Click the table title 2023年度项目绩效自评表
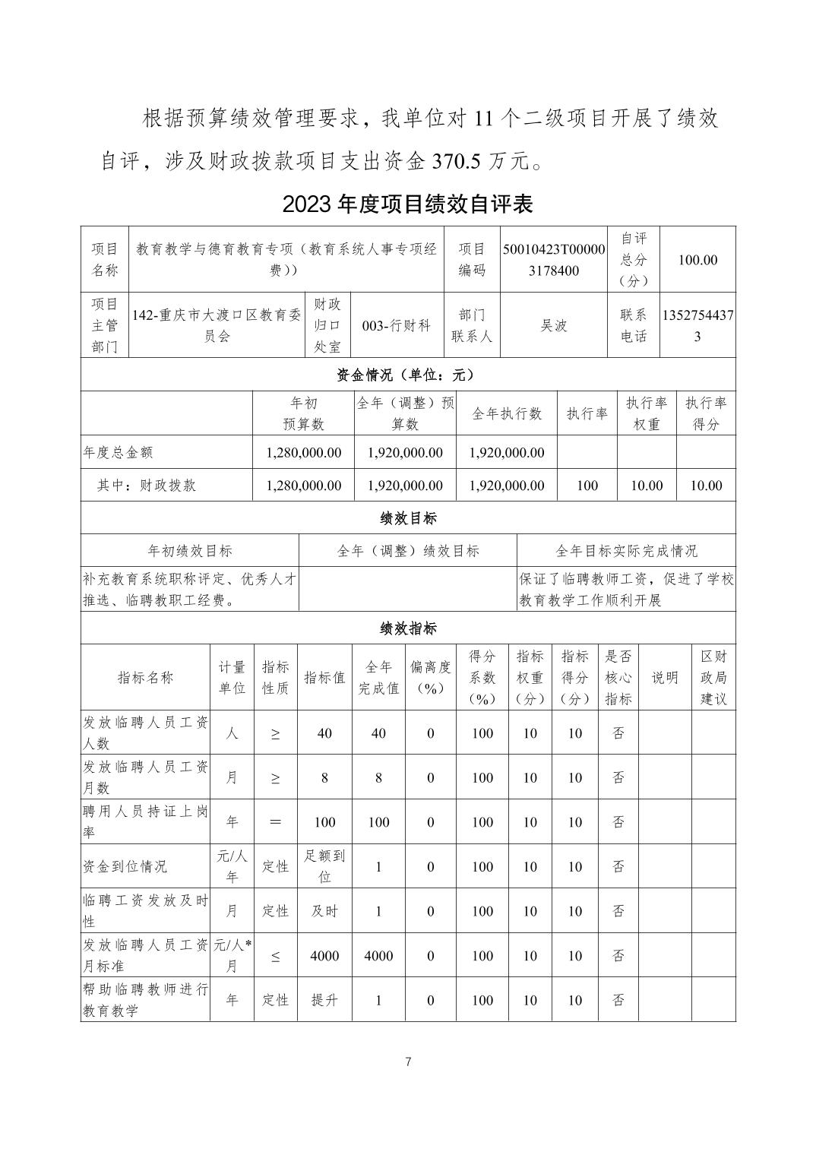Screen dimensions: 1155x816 pyautogui.click(x=408, y=204)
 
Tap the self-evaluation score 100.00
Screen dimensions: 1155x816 pyautogui.click(x=697, y=260)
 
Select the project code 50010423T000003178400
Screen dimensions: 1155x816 pyautogui.click(x=554, y=260)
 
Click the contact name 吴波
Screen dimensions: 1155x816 pyautogui.click(x=554, y=325)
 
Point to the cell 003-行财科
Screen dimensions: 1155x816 pyautogui.click(x=396, y=325)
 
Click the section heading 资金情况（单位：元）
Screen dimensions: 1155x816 pyautogui.click(x=407, y=375)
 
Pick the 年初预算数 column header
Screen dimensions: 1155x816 pyautogui.click(x=303, y=413)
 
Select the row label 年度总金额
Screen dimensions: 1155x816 pyautogui.click(x=118, y=452)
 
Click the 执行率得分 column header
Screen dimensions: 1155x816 pyautogui.click(x=705, y=413)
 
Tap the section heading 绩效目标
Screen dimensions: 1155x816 pyautogui.click(x=408, y=518)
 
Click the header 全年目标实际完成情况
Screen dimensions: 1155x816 pyautogui.click(x=626, y=551)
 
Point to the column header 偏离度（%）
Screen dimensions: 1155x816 pyautogui.click(x=430, y=678)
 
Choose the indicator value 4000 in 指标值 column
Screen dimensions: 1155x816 pyautogui.click(x=324, y=956)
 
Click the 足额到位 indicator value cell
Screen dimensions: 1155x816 pyautogui.click(x=324, y=866)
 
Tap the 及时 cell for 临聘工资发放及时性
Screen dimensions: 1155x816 pyautogui.click(x=324, y=911)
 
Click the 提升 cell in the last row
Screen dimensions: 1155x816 pyautogui.click(x=324, y=1000)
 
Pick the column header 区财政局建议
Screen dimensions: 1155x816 pyautogui.click(x=713, y=678)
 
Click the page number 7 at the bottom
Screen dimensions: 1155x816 pyautogui.click(x=408, y=1062)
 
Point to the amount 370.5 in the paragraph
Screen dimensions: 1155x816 pyautogui.click(x=458, y=161)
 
